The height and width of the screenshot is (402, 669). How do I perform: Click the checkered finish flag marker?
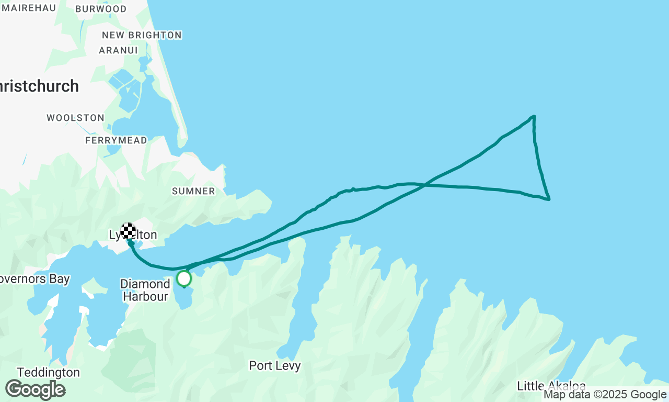tap(128, 231)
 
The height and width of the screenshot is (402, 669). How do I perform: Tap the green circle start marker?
tap(184, 278)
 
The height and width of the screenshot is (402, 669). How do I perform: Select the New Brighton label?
tap(142, 35)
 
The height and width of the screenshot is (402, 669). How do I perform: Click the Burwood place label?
tap(101, 9)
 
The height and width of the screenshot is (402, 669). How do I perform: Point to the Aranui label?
tap(118, 51)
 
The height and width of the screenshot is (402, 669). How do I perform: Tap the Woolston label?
tap(75, 118)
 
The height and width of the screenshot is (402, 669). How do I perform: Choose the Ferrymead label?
tap(116, 140)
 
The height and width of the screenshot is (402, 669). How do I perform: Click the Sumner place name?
tap(193, 191)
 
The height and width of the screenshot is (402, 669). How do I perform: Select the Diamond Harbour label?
tap(145, 290)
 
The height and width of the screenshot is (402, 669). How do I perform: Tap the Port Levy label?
tap(275, 365)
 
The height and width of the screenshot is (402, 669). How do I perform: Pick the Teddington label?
tap(48, 372)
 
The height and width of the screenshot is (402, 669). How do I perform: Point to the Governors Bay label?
tap(34, 279)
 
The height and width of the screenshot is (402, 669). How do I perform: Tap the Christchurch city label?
tap(39, 86)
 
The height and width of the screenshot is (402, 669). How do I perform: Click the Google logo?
tap(35, 389)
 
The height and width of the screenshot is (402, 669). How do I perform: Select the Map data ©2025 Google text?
tap(605, 395)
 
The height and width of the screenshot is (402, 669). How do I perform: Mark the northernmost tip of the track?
tap(534, 116)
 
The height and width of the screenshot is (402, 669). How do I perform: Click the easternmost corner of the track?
tap(549, 199)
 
